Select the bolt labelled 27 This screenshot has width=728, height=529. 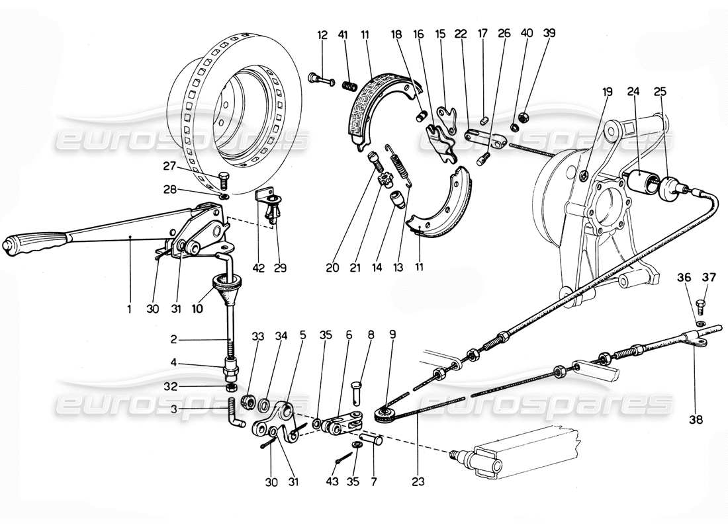point(224,179)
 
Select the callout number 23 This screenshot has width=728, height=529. point(418,473)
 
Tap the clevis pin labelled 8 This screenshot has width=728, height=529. point(356,384)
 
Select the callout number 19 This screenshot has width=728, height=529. point(608,92)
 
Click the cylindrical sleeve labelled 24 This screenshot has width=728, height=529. point(639,180)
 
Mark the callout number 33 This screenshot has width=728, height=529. point(257,336)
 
